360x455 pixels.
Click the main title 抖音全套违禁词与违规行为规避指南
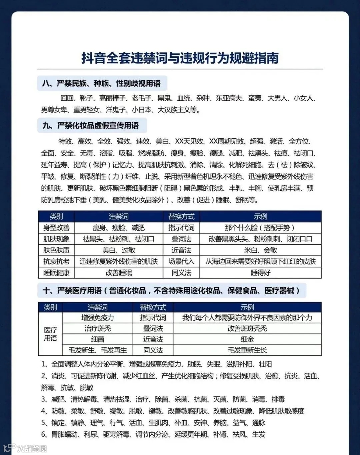tap(180, 58)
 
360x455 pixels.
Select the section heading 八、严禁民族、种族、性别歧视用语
tap(101, 83)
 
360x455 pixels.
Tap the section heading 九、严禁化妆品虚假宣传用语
tap(91, 126)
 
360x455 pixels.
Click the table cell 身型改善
tap(56, 228)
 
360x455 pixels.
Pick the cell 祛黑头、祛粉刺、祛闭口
tap(119, 239)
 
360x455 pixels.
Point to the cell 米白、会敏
tap(260, 250)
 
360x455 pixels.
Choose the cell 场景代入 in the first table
tap(181, 261)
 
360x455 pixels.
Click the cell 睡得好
tap(260, 273)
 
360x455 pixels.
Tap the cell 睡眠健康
tap(56, 273)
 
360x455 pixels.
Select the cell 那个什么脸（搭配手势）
tap(260, 228)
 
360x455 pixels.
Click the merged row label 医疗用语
tap(50, 334)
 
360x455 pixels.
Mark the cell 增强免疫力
tap(98, 318)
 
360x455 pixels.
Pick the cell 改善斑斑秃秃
tap(247, 329)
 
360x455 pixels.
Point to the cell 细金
tap(247, 339)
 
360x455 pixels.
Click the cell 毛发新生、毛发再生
tap(98, 350)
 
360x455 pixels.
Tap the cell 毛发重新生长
tap(247, 350)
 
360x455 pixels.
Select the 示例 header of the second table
tap(247, 307)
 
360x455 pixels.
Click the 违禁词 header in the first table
tap(119, 216)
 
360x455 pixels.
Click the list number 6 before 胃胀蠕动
tap(43, 435)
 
